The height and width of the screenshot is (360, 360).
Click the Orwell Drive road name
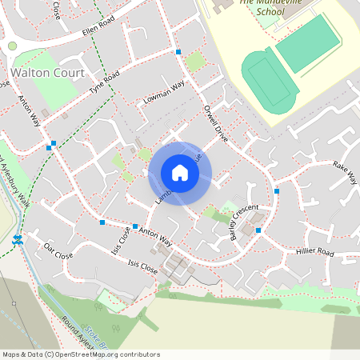216,123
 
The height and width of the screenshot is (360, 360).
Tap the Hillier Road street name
315,252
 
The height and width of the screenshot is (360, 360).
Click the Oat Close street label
58,250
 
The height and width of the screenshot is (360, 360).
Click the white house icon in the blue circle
180,173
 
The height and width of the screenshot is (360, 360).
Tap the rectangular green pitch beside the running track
305,44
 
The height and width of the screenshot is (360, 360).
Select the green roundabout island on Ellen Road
12,46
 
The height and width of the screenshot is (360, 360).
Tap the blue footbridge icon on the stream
17,239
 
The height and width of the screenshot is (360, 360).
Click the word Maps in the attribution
11,354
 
